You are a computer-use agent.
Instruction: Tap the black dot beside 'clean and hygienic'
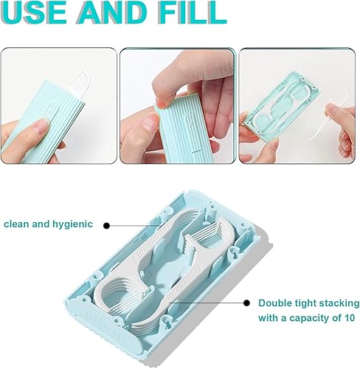(x=107, y=225)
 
